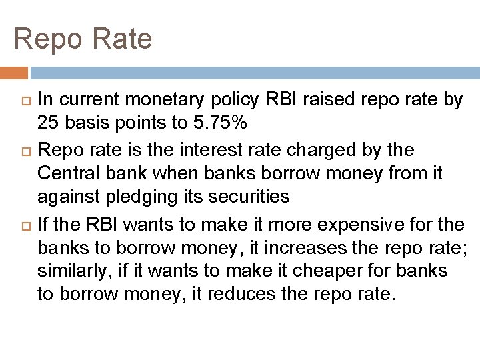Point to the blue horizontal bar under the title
coord(253,73)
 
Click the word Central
coord(70,173)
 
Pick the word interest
coord(193,150)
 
